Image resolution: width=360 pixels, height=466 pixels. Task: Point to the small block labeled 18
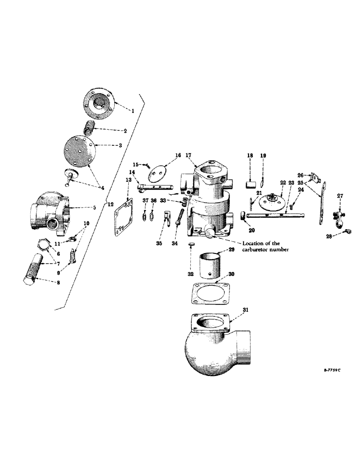pos(251,182)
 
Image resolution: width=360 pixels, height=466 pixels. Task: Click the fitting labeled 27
pos(339,215)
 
